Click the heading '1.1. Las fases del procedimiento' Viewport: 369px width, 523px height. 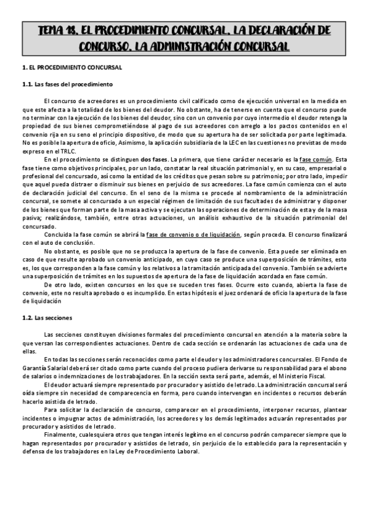(x=67, y=84)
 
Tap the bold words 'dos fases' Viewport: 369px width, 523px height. (x=154, y=159)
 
